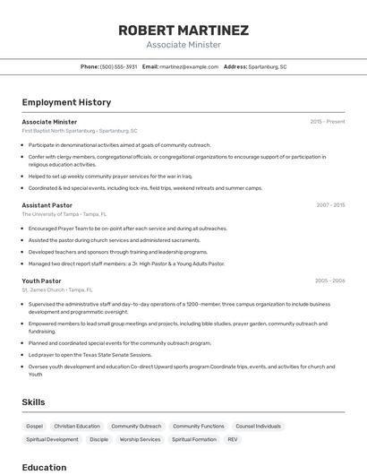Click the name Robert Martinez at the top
(x=183, y=30)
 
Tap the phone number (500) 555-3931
(x=119, y=66)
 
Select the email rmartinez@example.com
(x=189, y=66)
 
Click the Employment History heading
(x=66, y=102)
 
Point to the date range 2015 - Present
(x=328, y=122)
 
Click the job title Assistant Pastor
(x=47, y=205)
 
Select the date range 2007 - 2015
(x=329, y=205)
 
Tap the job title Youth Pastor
(x=41, y=281)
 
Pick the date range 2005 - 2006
(x=329, y=281)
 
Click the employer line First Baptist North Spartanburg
(x=80, y=131)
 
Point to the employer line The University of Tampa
(x=64, y=214)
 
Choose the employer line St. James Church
(x=57, y=289)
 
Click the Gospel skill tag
(x=34, y=427)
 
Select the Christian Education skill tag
(x=77, y=427)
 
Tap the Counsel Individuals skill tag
(x=258, y=427)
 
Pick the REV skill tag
(x=233, y=440)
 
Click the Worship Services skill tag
(x=140, y=440)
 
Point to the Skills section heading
(x=33, y=402)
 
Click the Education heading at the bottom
(x=44, y=467)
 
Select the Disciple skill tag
(x=98, y=440)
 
